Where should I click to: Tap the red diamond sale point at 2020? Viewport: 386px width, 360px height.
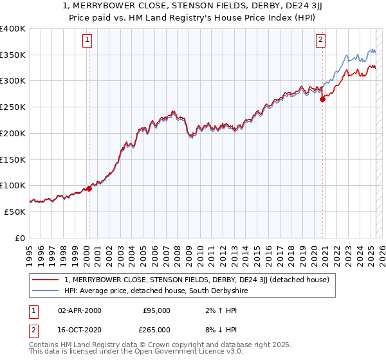tap(323, 99)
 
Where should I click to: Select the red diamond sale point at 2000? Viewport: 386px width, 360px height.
tap(89, 188)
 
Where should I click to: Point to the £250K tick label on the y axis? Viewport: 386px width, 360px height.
tap(14, 107)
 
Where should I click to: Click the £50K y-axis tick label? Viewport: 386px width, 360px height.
tap(16, 212)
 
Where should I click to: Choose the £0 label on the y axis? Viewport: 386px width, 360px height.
tap(21, 238)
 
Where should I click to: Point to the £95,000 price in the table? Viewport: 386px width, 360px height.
tap(156, 310)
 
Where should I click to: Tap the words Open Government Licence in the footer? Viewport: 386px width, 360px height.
tap(178, 352)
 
